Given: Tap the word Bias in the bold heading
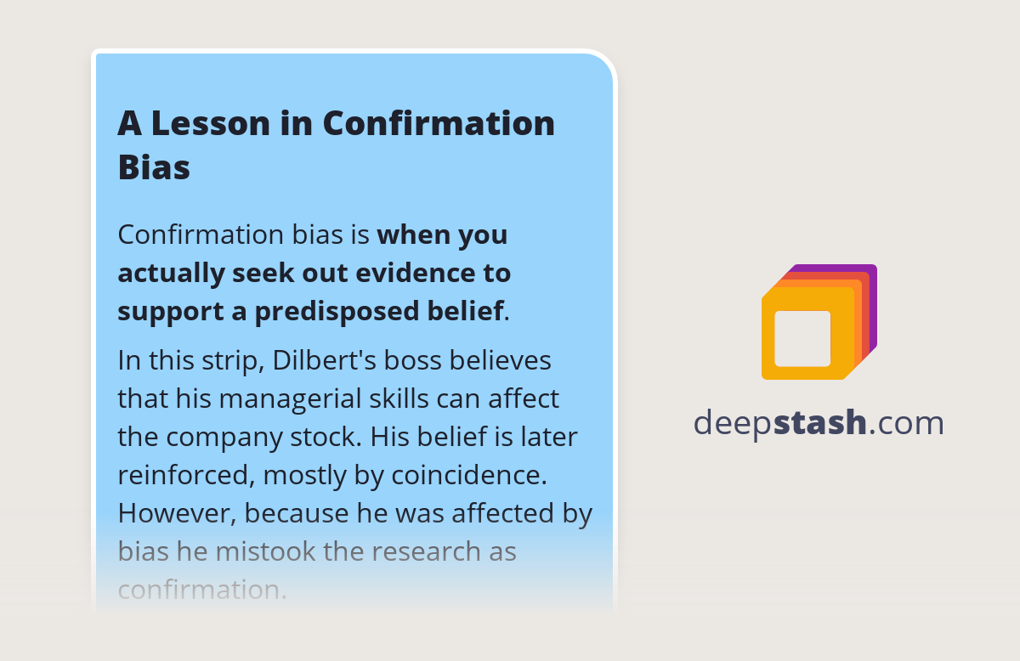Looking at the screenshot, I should (154, 167).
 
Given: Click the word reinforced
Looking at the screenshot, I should (182, 475).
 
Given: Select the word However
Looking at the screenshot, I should (174, 513).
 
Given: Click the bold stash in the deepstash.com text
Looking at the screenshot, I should (819, 422).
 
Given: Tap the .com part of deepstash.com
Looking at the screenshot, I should (906, 422).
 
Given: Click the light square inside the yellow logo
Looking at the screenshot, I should (802, 338).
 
